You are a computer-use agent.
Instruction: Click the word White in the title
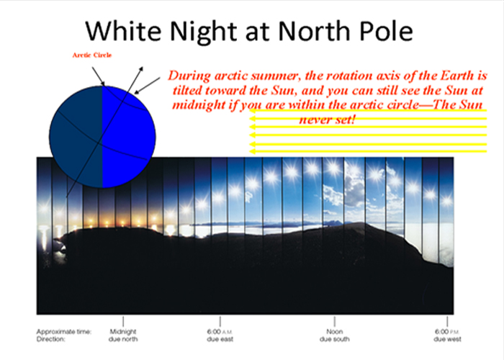pyautogui.click(x=123, y=31)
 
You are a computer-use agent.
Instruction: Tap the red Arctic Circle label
pyautogui.click(x=92, y=55)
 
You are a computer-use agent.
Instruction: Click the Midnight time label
pyautogui.click(x=123, y=331)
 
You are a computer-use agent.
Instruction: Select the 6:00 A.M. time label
pyautogui.click(x=220, y=331)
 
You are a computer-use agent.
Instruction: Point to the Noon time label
pyautogui.click(x=335, y=331)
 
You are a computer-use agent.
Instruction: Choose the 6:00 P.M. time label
pyautogui.click(x=447, y=331)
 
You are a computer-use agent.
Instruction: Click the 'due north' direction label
pyautogui.click(x=123, y=339)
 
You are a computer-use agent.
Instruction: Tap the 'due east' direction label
pyautogui.click(x=220, y=339)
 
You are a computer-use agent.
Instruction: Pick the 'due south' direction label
pyautogui.click(x=335, y=339)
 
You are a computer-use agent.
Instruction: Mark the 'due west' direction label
pyautogui.click(x=447, y=339)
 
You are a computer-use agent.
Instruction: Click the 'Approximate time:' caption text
pyautogui.click(x=64, y=332)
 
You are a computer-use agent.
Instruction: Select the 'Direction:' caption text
pyautogui.click(x=51, y=339)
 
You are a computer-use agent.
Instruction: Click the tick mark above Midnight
pyautogui.click(x=123, y=321)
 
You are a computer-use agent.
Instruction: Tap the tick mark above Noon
pyautogui.click(x=335, y=321)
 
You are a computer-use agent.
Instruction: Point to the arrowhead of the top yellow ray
pyautogui.click(x=253, y=111)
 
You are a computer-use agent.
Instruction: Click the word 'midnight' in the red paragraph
pyautogui.click(x=198, y=105)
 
